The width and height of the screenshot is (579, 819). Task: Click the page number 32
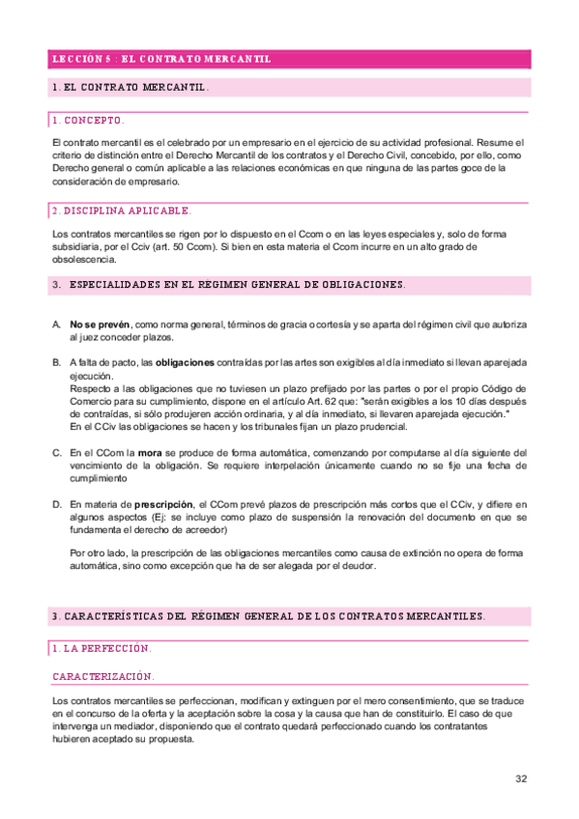click(x=521, y=778)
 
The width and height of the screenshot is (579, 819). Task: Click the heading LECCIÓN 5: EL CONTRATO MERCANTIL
click(x=160, y=59)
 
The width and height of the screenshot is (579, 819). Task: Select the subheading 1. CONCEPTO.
click(x=88, y=121)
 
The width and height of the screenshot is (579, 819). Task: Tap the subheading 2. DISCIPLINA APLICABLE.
click(x=121, y=210)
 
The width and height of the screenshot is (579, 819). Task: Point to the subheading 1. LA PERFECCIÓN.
click(x=101, y=648)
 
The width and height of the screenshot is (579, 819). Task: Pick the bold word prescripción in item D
click(x=163, y=504)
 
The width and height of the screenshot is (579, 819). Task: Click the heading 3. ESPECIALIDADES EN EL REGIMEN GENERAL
click(x=229, y=285)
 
